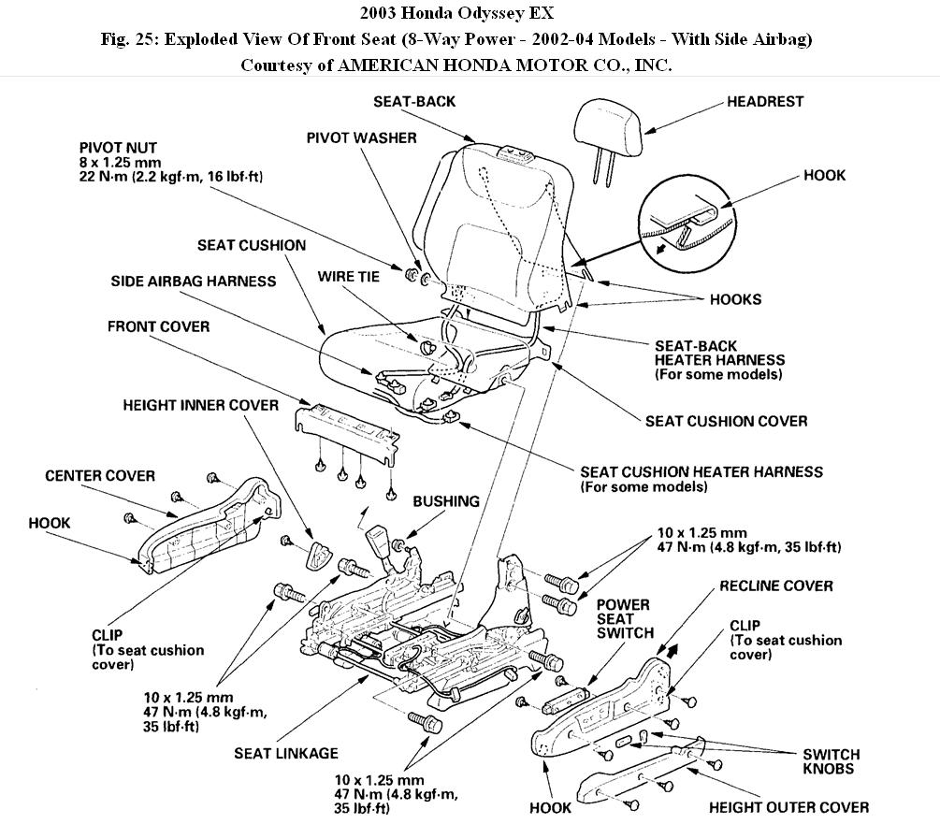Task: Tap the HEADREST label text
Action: [765, 101]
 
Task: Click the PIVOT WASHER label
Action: [361, 137]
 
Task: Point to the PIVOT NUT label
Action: [119, 148]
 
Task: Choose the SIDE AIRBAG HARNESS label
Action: [194, 281]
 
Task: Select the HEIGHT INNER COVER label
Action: [200, 405]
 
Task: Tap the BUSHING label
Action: [446, 501]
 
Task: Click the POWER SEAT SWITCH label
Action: [625, 619]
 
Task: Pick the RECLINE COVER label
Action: [775, 585]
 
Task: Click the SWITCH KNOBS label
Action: [831, 761]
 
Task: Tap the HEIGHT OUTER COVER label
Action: [788, 806]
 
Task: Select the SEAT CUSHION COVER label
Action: [726, 421]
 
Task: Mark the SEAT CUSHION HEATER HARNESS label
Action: [701, 472]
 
